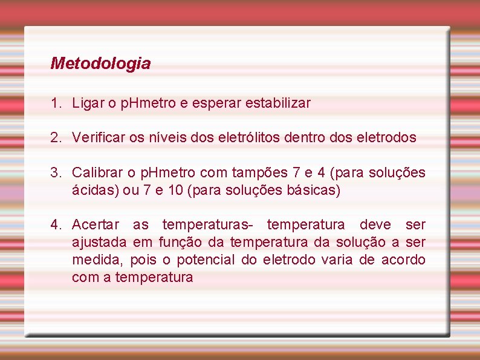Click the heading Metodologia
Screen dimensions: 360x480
pyautogui.click(x=100, y=63)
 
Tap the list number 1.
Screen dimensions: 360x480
pyautogui.click(x=56, y=103)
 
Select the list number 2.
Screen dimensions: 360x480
pyautogui.click(x=56, y=137)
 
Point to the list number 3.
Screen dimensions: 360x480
pyautogui.click(x=56, y=172)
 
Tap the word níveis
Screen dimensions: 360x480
pyautogui.click(x=170, y=137)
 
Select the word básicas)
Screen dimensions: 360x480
pyautogui.click(x=317, y=191)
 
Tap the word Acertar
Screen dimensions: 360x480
pyautogui.click(x=96, y=225)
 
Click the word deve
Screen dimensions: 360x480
pyautogui.click(x=375, y=225)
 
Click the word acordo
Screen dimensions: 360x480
pyautogui.click(x=403, y=260)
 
